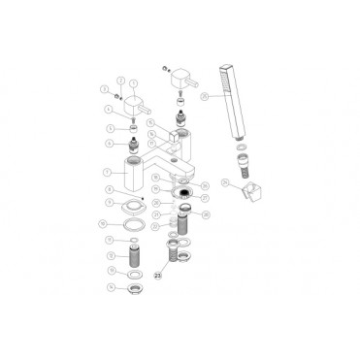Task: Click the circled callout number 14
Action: [110, 287]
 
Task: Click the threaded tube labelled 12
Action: [134, 257]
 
